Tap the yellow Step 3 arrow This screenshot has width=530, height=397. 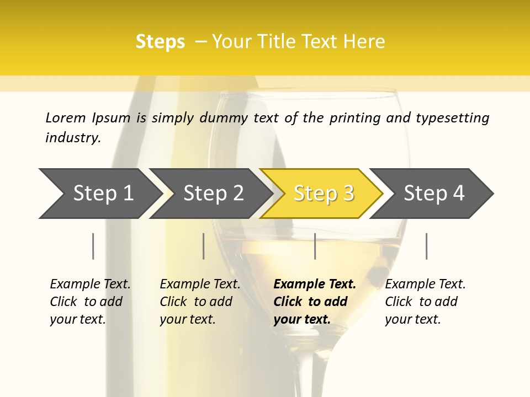point(323,194)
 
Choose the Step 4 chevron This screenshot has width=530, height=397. point(433,194)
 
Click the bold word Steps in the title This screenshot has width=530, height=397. point(160,41)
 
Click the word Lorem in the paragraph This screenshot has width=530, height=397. point(65,117)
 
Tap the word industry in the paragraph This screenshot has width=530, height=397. point(73,137)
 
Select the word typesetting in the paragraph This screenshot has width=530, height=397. point(452,117)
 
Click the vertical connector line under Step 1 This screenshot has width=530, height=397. point(93,246)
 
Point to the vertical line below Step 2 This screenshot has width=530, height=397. point(204,246)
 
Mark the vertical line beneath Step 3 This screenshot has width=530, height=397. point(315,246)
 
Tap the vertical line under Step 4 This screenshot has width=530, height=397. point(426,246)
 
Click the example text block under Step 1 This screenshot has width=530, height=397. point(90,302)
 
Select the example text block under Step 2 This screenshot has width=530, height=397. point(200,302)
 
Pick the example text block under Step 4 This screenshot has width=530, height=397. point(425,302)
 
